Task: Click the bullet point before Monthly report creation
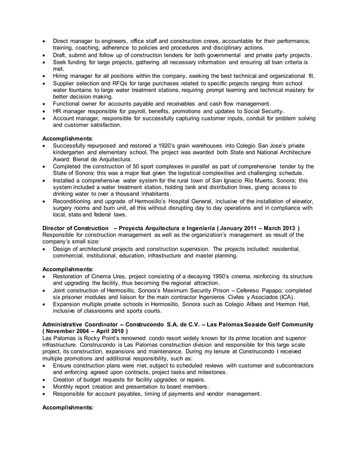(45, 386)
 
